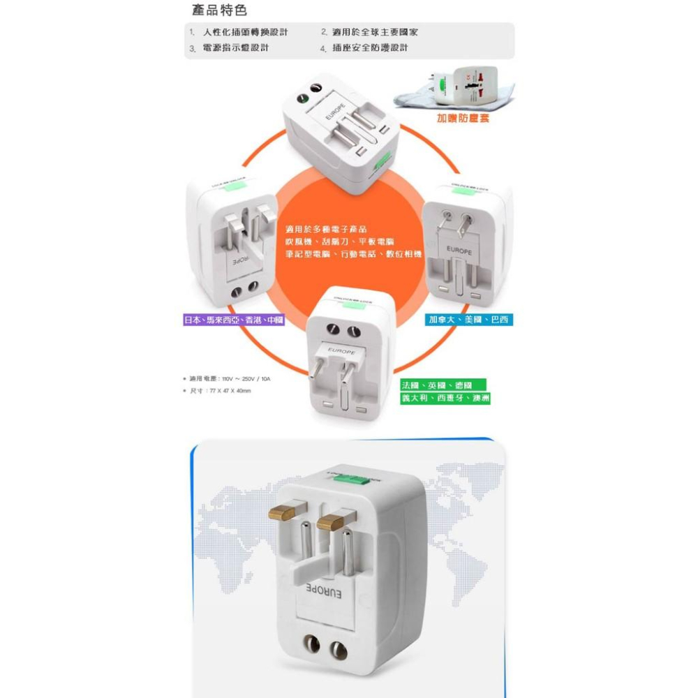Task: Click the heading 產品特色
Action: (218, 11)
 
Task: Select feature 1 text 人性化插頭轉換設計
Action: (246, 33)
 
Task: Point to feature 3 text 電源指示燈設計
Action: (236, 48)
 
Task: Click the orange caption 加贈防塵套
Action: (463, 119)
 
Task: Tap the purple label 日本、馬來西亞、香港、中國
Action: (223, 320)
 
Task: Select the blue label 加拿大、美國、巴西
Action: (469, 320)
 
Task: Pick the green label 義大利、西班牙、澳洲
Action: (445, 399)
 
